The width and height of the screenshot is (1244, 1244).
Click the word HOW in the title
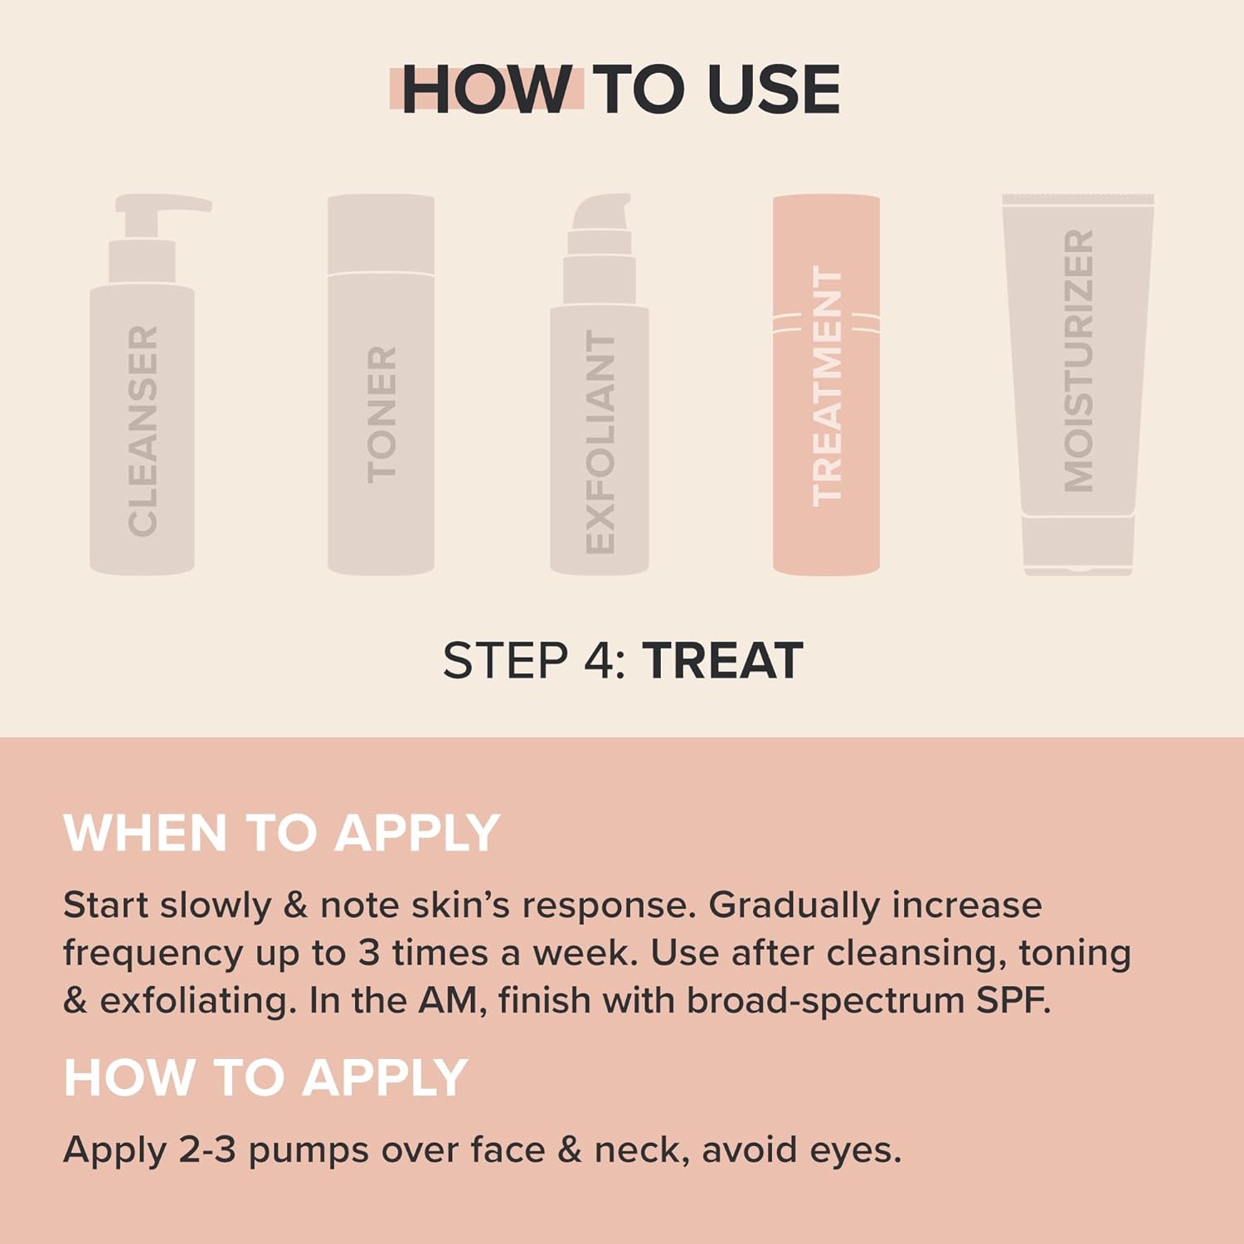[x=486, y=90]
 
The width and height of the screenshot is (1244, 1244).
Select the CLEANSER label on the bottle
[x=143, y=430]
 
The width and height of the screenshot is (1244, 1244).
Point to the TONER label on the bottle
[x=381, y=415]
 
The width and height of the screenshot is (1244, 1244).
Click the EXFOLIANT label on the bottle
[x=600, y=442]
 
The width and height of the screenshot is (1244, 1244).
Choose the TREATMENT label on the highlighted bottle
[x=827, y=386]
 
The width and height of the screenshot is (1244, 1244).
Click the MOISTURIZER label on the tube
[x=1079, y=361]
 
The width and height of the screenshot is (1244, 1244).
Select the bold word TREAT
[x=723, y=661]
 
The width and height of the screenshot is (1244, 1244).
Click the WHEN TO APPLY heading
[x=282, y=833]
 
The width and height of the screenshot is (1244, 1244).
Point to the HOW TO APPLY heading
[x=266, y=1077]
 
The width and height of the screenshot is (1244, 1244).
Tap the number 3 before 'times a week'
[x=368, y=953]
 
